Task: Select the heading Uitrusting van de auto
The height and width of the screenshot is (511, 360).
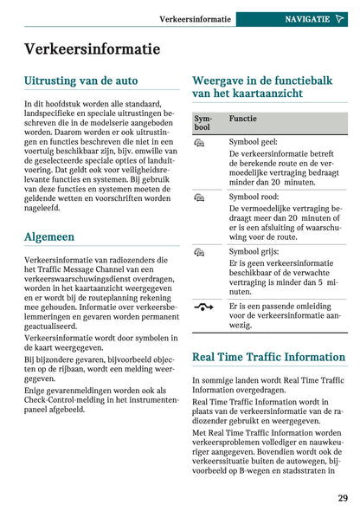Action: tap(80, 81)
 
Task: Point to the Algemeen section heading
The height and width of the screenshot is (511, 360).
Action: tap(49, 236)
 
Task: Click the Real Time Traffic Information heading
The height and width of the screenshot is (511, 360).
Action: tap(268, 356)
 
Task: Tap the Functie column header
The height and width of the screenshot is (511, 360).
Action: tap(242, 117)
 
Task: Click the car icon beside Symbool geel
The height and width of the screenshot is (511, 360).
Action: tap(199, 141)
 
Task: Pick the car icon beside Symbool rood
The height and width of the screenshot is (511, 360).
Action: tap(199, 197)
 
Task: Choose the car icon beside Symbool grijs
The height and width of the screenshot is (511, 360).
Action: tap(199, 252)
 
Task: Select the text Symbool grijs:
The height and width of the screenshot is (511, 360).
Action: tap(254, 251)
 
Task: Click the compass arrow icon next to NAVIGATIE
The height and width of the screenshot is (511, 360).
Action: tap(339, 18)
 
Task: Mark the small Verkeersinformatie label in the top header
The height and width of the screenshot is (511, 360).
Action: tap(196, 18)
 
